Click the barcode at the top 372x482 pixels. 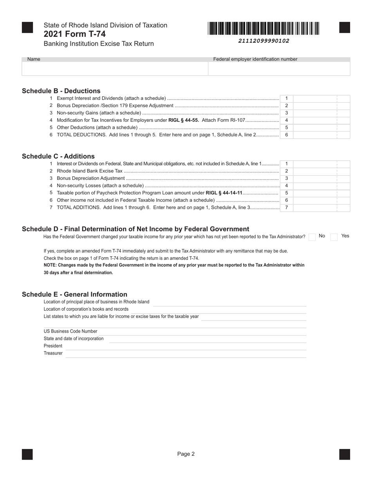(x=264, y=29)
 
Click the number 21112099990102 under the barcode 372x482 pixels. (x=264, y=41)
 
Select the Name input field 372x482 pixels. (x=115, y=69)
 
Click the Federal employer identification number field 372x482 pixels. (x=279, y=69)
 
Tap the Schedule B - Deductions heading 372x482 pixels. (x=61, y=91)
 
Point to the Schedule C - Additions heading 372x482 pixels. (x=58, y=156)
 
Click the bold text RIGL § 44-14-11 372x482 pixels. (x=224, y=193)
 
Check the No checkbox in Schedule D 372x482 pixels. (x=312, y=237)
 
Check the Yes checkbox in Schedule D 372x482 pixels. (x=334, y=237)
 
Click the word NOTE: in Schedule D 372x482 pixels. (x=50, y=265)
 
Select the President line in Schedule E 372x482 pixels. (x=186, y=346)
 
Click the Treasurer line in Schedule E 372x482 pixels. (x=186, y=354)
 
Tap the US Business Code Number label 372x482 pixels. (x=70, y=331)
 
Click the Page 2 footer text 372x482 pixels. (x=186, y=454)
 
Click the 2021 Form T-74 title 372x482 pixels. (x=74, y=34)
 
